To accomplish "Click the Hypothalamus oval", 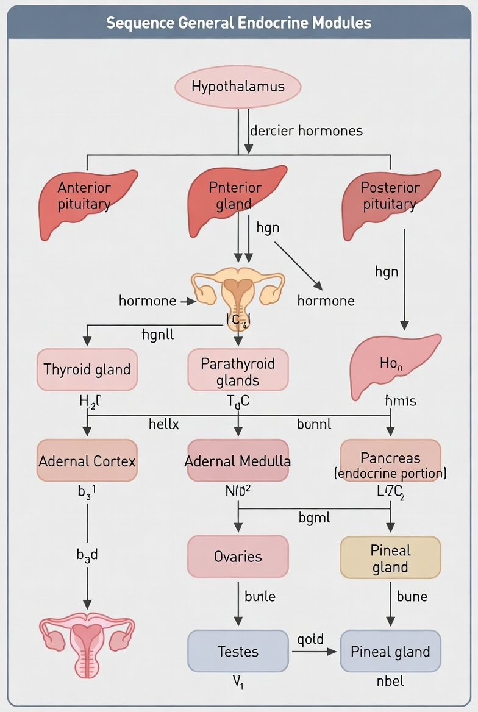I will click(238, 87).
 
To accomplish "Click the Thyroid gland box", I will click(87, 369).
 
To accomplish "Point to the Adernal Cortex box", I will click(87, 461).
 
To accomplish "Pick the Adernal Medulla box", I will click(238, 461).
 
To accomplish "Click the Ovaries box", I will click(238, 557).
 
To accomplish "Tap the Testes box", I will click(238, 651).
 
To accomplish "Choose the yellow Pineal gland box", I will click(390, 558).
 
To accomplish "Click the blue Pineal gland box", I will click(390, 651).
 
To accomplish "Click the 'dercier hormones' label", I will click(306, 130).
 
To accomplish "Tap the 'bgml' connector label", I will click(315, 518).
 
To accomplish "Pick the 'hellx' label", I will click(164, 424).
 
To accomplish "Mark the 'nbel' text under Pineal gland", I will click(390, 681).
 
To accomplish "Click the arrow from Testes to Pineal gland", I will click(313, 652).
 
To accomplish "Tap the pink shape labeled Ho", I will click(393, 365).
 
